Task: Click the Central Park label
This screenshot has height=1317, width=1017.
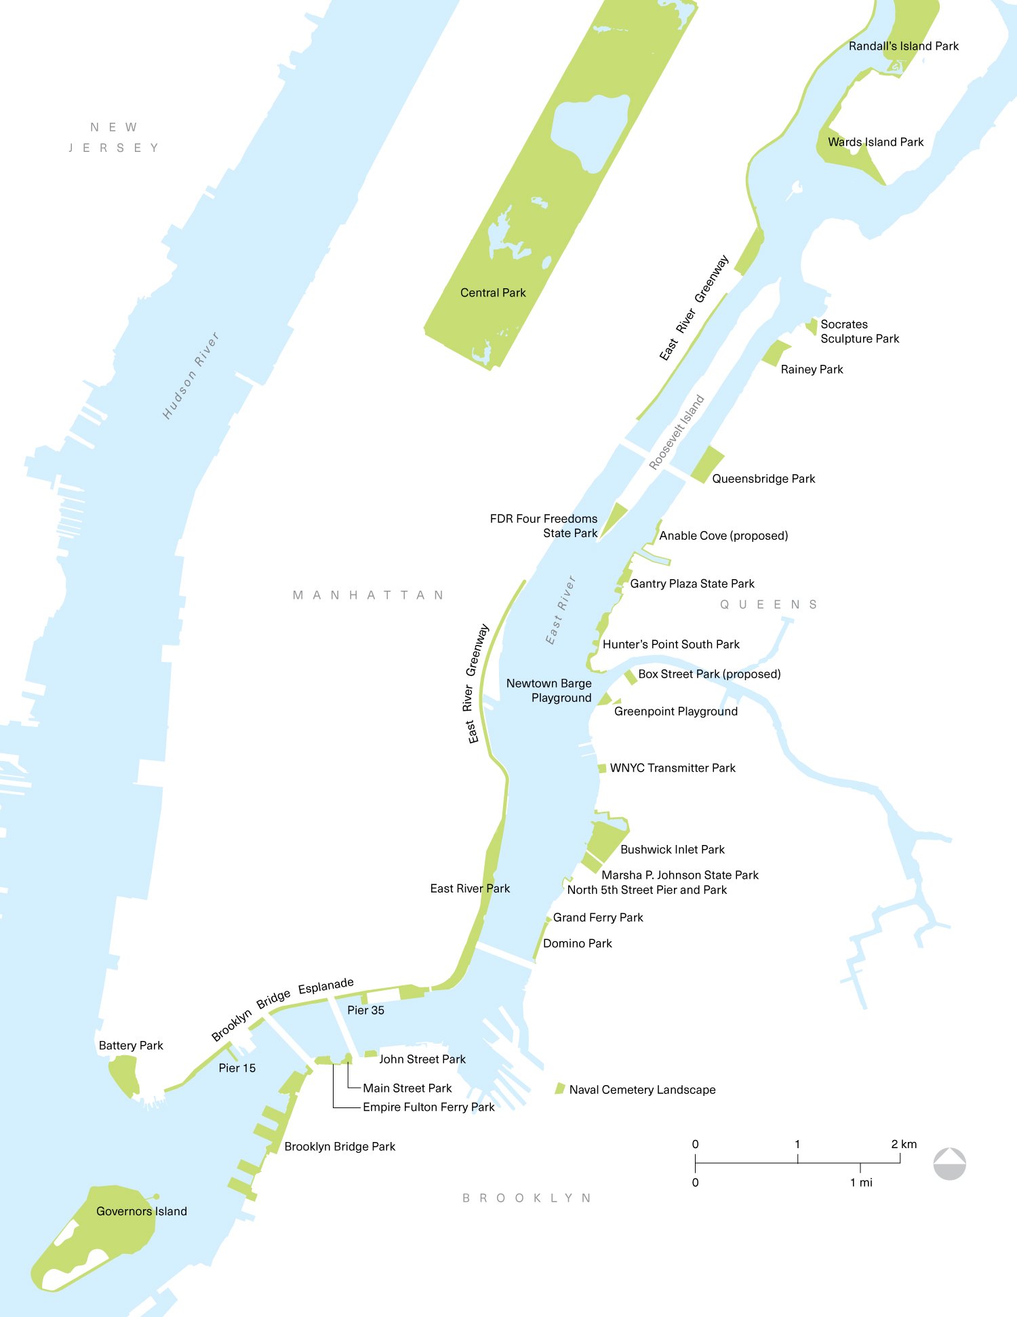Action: (493, 293)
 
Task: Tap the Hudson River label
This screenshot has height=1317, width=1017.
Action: (191, 376)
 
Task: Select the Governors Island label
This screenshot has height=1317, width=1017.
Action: (141, 1211)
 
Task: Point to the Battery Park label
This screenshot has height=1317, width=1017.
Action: (131, 1046)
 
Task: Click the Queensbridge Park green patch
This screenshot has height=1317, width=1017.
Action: (707, 464)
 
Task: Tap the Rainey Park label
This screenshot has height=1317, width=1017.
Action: (812, 370)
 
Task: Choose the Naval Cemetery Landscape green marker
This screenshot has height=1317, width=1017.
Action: (560, 1088)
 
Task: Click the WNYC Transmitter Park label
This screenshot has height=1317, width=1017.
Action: (673, 768)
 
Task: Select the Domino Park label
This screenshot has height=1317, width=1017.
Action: (578, 943)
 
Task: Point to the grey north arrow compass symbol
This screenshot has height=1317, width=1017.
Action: (949, 1164)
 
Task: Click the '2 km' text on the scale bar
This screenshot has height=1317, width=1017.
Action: (904, 1144)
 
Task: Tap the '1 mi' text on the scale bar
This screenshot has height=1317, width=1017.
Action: (861, 1183)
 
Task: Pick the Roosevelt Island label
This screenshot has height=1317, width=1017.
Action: (677, 433)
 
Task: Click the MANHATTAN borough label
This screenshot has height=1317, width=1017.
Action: (369, 595)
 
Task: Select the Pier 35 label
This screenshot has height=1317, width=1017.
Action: (365, 1010)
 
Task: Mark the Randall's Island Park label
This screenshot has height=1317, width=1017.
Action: (904, 46)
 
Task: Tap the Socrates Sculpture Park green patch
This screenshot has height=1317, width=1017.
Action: (812, 326)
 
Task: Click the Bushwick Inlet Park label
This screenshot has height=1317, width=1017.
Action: (673, 850)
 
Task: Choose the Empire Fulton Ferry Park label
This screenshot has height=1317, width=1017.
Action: (428, 1107)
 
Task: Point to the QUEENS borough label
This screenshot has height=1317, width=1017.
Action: (769, 604)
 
